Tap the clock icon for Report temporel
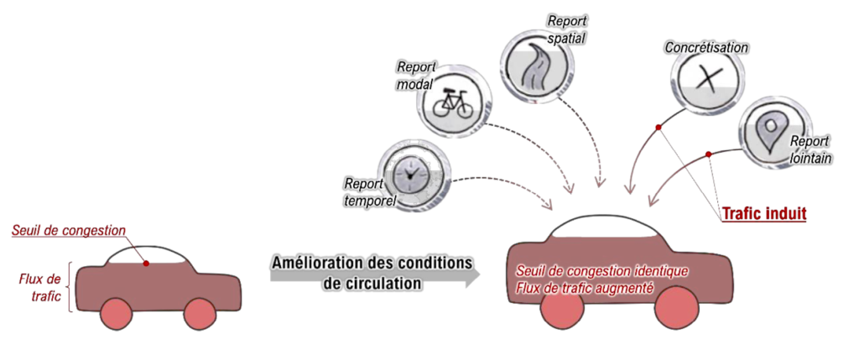point(410,171)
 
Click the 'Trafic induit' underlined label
point(763,215)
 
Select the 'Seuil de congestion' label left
point(69,230)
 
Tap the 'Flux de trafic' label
point(40,285)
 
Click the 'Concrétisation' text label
point(705,48)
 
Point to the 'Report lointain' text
point(810,149)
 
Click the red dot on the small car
point(147,263)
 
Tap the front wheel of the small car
point(200,314)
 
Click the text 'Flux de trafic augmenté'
point(585,288)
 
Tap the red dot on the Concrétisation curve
point(659,128)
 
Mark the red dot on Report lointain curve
point(708,154)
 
